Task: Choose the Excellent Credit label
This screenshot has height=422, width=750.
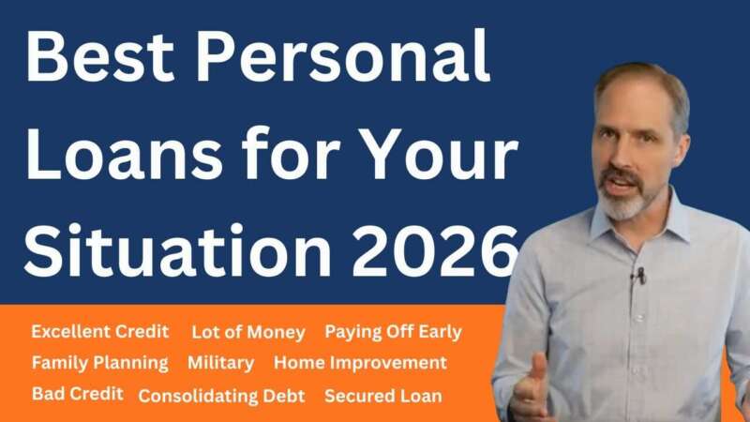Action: coord(99,332)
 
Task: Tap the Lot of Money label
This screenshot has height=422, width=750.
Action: coord(247,333)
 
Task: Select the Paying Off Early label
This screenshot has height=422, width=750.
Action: coord(393,332)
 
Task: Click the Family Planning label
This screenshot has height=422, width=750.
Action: coord(99,363)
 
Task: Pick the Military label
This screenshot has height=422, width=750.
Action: coord(220,363)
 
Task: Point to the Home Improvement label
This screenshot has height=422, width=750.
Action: coord(360,363)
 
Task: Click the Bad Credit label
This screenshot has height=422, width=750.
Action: coord(77,394)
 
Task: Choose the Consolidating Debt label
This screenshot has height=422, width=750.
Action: coord(221,396)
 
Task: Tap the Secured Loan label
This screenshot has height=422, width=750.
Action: coord(382,396)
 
